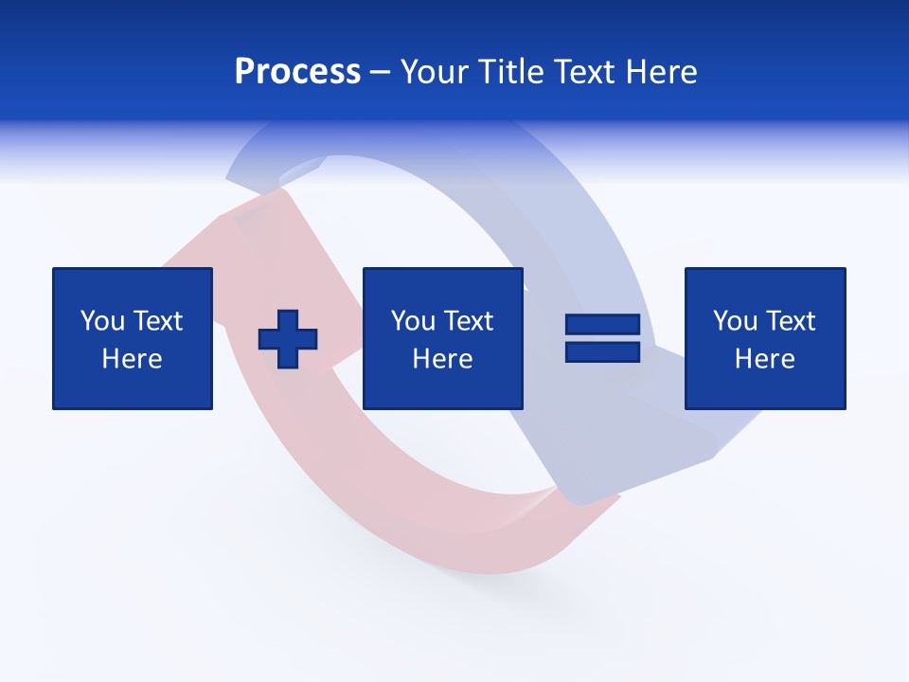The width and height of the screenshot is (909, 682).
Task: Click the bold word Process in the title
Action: (x=297, y=72)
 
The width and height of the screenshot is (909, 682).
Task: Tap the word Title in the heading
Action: (x=508, y=72)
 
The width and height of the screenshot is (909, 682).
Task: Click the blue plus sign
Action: (x=288, y=339)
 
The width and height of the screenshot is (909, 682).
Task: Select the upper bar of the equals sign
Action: (x=602, y=325)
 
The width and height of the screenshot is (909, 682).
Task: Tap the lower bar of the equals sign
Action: (x=602, y=352)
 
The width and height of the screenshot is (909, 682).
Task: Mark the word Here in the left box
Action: (x=133, y=359)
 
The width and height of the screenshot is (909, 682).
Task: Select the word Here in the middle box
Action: (x=443, y=359)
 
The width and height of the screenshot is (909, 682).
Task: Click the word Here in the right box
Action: (x=765, y=359)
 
